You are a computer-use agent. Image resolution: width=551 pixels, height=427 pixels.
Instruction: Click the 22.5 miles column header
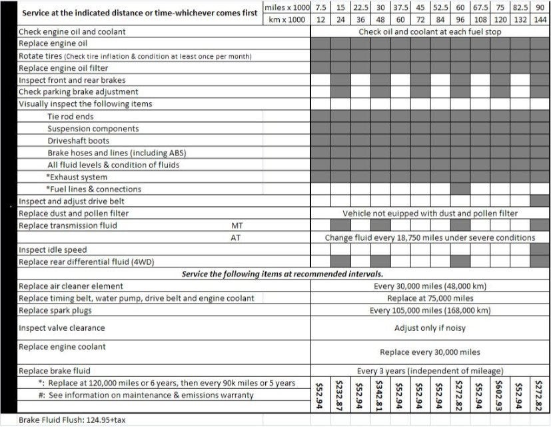tap(360, 7)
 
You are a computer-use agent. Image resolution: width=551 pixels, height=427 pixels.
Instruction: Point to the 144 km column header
tap(540, 19)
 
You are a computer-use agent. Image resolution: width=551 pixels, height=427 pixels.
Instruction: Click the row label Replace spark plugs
tap(55, 310)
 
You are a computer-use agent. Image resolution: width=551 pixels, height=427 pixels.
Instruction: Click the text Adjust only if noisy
tap(430, 328)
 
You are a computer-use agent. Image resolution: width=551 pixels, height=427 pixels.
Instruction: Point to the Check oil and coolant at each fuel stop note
tap(430, 31)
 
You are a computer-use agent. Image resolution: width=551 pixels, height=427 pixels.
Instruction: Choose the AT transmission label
tap(235, 238)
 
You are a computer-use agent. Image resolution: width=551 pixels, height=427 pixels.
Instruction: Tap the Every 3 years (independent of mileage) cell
tap(430, 370)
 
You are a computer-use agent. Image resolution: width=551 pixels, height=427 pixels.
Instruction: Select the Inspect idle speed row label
tap(53, 250)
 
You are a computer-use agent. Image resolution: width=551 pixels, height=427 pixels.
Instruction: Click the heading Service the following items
tap(283, 274)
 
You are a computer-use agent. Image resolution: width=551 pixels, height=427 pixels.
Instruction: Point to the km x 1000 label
tap(286, 19)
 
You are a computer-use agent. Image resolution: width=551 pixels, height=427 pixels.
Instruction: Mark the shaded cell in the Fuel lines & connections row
tap(460, 189)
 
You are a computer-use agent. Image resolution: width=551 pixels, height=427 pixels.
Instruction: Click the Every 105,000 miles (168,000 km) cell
tap(430, 310)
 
